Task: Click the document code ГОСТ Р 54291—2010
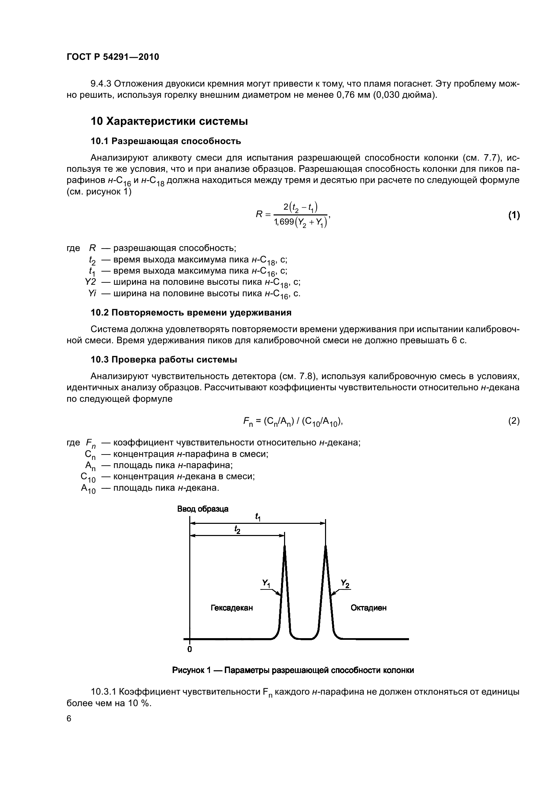coord(113,57)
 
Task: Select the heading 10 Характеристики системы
coord(169,121)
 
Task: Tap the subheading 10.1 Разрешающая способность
coord(166,141)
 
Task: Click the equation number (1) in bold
coord(514,215)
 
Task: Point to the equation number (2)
coord(514,421)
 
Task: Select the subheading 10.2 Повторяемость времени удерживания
coord(191,312)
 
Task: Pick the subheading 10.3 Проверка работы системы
coord(164,360)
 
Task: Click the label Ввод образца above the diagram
coord(203,509)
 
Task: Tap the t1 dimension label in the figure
coord(258,517)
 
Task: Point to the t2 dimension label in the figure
coord(237,529)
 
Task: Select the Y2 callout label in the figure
coord(345,583)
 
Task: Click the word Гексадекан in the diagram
coord(232,608)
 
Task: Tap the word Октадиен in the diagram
coord(368,608)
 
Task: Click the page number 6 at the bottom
coord(69,718)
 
